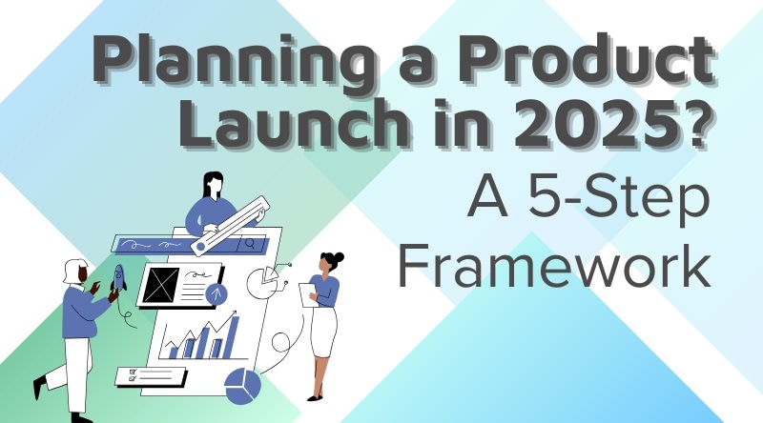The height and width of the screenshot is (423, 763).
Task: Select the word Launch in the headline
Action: [x=294, y=122]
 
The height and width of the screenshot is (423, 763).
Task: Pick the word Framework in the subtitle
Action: [x=554, y=265]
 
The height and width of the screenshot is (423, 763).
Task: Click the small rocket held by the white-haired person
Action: [x=118, y=278]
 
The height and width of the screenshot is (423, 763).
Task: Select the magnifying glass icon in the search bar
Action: [x=251, y=243]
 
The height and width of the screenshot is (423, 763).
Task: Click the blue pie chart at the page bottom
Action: [x=242, y=385]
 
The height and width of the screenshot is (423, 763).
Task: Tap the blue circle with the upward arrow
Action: [x=217, y=293]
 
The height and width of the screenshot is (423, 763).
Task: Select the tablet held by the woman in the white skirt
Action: [x=307, y=295]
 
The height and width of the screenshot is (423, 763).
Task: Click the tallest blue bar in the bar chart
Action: [x=234, y=337]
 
